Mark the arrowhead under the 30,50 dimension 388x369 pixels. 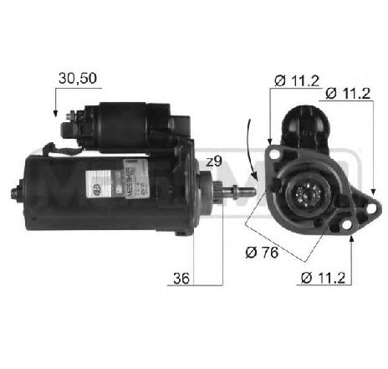[55, 115]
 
